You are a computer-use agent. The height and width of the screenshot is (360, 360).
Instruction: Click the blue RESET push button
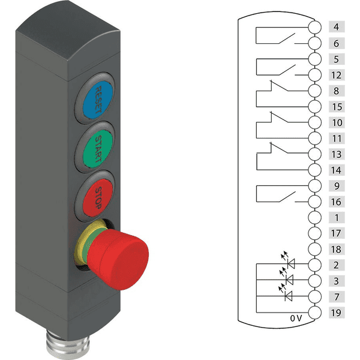pyautogui.click(x=98, y=100)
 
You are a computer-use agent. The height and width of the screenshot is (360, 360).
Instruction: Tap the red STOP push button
pyautogui.click(x=98, y=197)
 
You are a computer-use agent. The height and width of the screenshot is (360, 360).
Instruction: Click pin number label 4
pyautogui.click(x=337, y=27)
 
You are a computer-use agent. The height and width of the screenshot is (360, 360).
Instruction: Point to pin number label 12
pyautogui.click(x=337, y=75)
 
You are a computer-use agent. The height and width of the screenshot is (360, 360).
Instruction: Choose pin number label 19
pyautogui.click(x=337, y=313)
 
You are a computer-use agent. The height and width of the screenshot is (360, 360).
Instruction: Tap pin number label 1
pyautogui.click(x=337, y=218)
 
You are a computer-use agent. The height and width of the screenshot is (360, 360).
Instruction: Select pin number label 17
pyautogui.click(x=337, y=233)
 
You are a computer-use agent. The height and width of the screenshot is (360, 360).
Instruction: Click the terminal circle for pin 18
pyautogui.click(x=314, y=250)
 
